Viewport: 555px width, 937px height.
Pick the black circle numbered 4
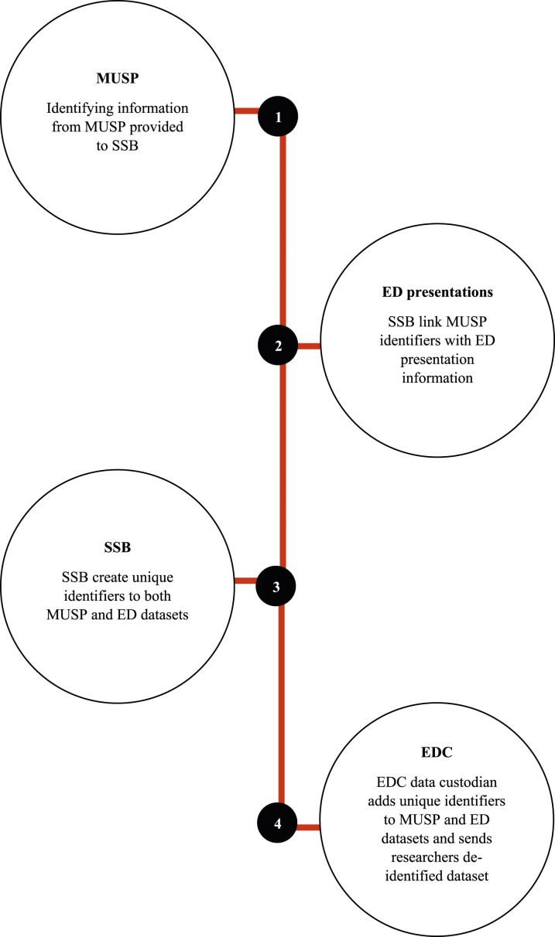click(278, 826)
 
